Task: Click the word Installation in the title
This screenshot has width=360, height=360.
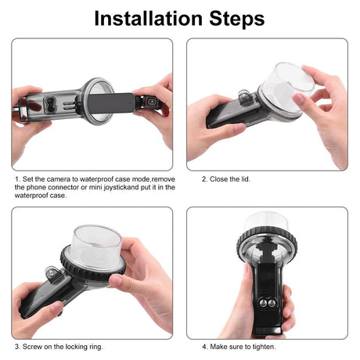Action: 149,19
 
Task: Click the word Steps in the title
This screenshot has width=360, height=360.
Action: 237,19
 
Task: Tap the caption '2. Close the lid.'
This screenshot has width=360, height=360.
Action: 226,179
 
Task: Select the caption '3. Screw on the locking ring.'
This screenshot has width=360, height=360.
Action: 59,347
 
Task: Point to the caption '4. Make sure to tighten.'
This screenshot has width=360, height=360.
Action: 239,347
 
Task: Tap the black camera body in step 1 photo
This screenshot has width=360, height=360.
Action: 111,103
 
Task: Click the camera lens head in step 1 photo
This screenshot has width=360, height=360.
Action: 150,103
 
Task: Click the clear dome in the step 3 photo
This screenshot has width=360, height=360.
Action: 96,245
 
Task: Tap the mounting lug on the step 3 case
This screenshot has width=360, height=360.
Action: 53,273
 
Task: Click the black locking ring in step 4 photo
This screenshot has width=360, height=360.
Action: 267,238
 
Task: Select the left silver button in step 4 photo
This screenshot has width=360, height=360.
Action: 263,303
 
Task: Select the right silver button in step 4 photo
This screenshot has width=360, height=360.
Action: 272,303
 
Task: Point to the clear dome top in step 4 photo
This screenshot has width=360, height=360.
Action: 266,221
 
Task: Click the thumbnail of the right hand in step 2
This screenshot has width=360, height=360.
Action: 298,99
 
